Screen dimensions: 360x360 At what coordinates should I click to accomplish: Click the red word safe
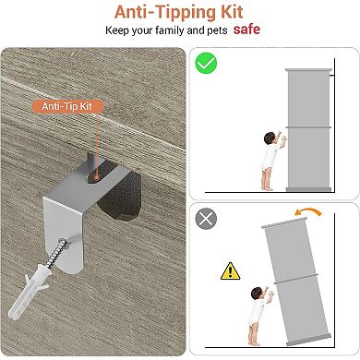point(246,30)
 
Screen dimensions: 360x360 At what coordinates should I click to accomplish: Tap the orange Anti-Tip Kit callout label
point(67,106)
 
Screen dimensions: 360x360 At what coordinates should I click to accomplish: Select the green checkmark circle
point(206,63)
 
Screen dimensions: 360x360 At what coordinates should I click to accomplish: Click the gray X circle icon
point(206,219)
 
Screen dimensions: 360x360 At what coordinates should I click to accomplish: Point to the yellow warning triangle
point(230,271)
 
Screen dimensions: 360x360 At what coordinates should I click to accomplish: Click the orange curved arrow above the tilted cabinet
point(308,211)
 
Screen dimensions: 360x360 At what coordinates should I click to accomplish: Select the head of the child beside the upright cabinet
point(270,138)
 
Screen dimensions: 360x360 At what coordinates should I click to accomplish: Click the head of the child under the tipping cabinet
point(257,294)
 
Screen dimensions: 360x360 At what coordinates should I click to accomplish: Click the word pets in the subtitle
point(217,30)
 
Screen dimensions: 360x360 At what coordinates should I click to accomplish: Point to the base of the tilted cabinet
point(308,340)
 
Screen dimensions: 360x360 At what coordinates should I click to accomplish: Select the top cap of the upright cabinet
point(308,70)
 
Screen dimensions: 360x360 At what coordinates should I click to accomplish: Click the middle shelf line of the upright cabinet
point(308,127)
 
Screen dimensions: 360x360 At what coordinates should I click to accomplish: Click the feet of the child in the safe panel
point(267,187)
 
